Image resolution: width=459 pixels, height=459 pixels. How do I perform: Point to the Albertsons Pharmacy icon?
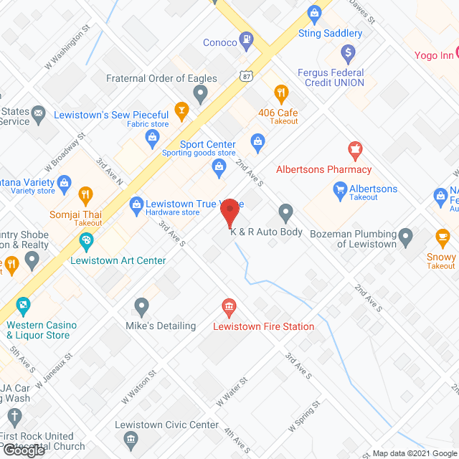pos(354,151)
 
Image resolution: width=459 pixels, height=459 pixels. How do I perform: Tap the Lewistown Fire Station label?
pos(263,326)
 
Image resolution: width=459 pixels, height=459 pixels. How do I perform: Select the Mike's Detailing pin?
pos(141,307)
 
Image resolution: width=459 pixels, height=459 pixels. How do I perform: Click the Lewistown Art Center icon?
pos(85,242)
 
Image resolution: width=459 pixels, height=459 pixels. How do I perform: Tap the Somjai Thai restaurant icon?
pos(85,194)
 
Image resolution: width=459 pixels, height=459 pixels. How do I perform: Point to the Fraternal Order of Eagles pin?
pos(201,93)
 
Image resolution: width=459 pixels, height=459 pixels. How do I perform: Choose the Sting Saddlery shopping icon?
pos(313,12)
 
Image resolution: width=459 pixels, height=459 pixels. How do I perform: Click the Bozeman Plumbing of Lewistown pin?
pos(406,235)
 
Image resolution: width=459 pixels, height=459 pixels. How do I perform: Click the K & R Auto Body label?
pos(266,232)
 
